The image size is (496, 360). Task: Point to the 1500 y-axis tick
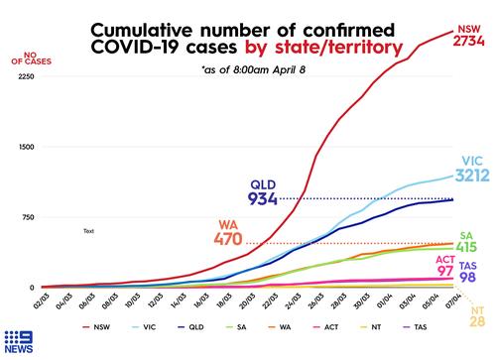point(26,147)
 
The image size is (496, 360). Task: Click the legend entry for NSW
point(103,325)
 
